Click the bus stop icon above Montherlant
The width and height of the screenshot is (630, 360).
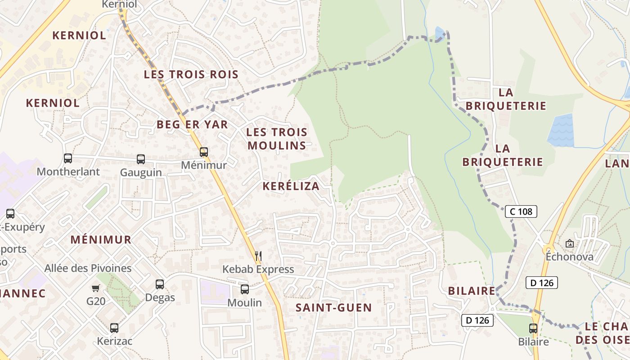pos(68,158)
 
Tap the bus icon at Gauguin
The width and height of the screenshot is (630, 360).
pos(141,159)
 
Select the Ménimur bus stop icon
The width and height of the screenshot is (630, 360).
pos(204,152)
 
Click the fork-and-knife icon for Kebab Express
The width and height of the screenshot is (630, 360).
pos(258,256)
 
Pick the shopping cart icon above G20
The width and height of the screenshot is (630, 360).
pos(95,288)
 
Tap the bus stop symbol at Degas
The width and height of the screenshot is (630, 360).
pos(160,284)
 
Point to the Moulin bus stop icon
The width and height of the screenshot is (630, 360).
pos(244,289)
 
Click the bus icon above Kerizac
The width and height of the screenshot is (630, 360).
pos(114,328)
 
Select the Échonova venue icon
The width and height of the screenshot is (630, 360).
pos(570,243)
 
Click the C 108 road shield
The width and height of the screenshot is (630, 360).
pos(521,211)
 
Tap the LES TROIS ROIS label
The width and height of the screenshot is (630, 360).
pos(191,75)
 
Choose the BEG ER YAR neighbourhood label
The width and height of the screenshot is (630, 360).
pos(192,124)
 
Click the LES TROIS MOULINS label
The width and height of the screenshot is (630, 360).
pos(277,139)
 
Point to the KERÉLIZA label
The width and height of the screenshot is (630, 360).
pos(291,186)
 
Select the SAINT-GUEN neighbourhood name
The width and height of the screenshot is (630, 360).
pos(333,308)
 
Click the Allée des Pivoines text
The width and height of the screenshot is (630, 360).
pos(88,269)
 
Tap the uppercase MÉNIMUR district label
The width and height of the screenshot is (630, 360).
pos(101,239)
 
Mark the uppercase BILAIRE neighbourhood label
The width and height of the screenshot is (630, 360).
pos(472,291)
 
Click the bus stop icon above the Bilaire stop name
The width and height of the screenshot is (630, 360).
pos(533,328)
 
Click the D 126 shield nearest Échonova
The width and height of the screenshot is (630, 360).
pos(542,283)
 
